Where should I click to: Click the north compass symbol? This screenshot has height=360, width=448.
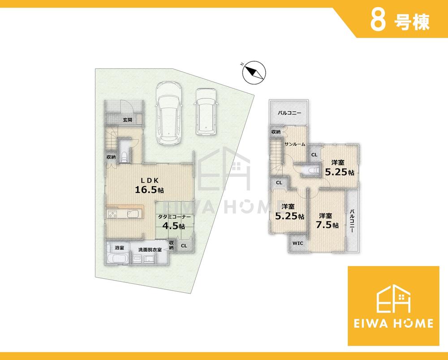click(x=254, y=73)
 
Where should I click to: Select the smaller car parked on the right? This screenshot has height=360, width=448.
click(x=206, y=111)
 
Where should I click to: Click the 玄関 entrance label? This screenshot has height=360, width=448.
click(x=127, y=120)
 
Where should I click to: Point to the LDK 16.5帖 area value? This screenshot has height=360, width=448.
click(x=149, y=190)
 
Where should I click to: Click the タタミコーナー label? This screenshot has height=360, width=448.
click(x=174, y=217)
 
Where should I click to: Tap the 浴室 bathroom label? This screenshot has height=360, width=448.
click(x=119, y=248)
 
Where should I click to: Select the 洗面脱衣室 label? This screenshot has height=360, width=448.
click(x=150, y=249)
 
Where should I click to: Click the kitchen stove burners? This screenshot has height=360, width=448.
click(x=112, y=214)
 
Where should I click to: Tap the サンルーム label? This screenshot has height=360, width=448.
click(x=295, y=145)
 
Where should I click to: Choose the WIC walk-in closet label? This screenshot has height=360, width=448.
click(x=298, y=243)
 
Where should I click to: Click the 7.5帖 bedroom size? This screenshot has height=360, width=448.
click(x=327, y=225)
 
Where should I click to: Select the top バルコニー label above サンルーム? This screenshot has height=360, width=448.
click(x=289, y=113)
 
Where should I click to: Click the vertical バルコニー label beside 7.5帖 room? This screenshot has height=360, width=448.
click(x=352, y=221)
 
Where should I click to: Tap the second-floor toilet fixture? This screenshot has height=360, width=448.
click(x=311, y=171)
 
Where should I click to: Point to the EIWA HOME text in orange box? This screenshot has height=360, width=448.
click(x=393, y=323)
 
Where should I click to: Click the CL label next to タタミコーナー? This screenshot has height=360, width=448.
click(x=184, y=245)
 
